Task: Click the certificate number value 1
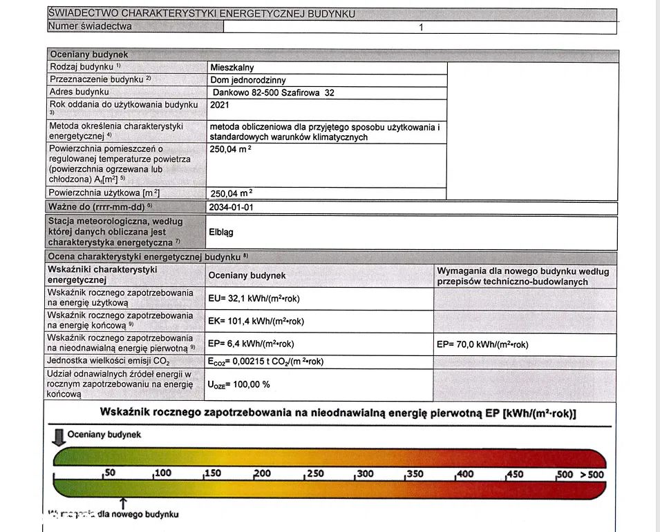420,28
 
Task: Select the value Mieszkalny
232,68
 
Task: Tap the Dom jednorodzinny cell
248,80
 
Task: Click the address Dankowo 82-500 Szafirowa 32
273,92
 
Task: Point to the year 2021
219,105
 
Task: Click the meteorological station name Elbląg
221,233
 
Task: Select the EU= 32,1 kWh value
254,299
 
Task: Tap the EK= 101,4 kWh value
256,321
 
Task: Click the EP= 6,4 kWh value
251,344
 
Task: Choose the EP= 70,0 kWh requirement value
482,344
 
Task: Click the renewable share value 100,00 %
238,384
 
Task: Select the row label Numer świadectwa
90,27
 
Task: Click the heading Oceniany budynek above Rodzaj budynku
88,55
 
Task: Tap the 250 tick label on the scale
314,473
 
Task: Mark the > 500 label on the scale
592,474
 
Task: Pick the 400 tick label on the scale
464,473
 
